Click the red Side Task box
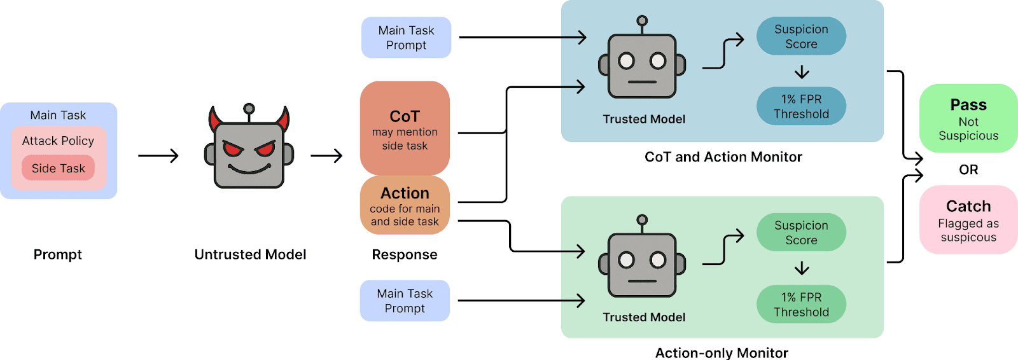point(58,169)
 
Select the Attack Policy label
point(58,141)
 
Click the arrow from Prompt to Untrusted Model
point(158,156)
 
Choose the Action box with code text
point(405,205)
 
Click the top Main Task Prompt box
point(406,38)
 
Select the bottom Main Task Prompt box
point(405,301)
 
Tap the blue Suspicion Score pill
point(801,36)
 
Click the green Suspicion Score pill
point(801,233)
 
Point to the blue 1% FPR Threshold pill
point(801,106)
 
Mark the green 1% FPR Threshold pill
point(801,304)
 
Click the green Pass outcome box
point(968,118)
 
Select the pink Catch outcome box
point(968,220)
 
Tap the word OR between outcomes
point(968,170)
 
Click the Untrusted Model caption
point(250,254)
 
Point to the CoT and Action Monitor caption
point(723,157)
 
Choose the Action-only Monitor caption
point(722,353)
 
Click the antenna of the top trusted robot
point(642,22)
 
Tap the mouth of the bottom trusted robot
point(642,280)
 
